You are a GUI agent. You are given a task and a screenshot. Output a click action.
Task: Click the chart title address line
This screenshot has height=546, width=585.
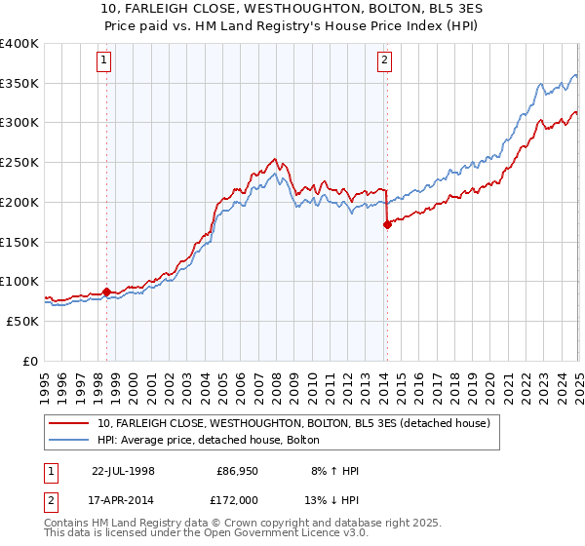[x=292, y=11]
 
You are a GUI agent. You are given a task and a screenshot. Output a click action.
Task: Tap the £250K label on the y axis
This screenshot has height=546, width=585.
[x=19, y=162]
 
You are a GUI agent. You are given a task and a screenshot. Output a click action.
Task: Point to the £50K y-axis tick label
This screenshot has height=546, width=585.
[x=22, y=320]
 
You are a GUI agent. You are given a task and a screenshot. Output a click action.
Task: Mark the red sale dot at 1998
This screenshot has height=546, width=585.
[x=107, y=292]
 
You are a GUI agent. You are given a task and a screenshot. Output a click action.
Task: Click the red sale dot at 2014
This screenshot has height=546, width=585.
[x=387, y=224]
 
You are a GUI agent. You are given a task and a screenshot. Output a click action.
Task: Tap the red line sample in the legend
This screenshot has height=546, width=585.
[x=70, y=422]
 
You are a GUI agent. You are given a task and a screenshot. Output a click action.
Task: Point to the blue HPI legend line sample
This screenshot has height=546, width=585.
[x=70, y=440]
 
